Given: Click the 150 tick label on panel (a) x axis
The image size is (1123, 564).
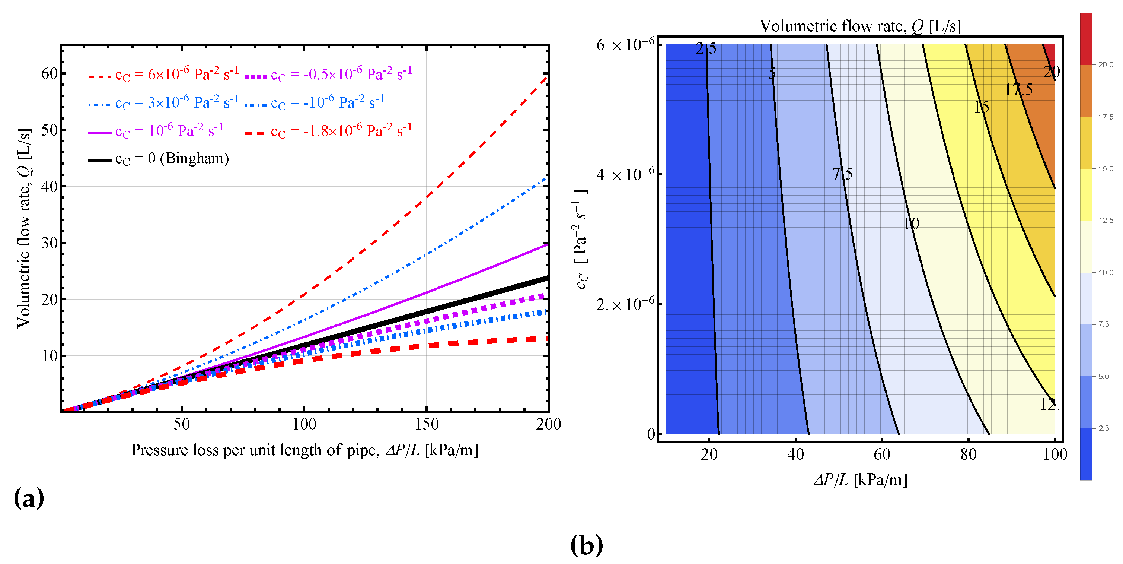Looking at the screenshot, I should click(426, 424).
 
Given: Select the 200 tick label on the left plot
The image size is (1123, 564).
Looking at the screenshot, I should click(548, 424).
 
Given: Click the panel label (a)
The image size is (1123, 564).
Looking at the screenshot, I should click(29, 498).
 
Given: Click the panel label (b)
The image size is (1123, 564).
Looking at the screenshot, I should click(586, 545).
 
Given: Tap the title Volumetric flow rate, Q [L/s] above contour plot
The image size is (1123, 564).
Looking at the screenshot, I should click(860, 26).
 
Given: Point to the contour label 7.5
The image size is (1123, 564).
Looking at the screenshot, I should click(842, 174).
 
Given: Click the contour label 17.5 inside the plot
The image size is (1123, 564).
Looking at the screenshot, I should click(1018, 90).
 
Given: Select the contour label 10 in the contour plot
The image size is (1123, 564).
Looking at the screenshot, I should click(911, 224).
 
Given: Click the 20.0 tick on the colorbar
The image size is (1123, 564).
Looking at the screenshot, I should click(1106, 65).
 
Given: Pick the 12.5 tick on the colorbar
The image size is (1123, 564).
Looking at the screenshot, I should click(1106, 221).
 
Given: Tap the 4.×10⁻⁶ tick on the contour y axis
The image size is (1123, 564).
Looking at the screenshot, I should click(625, 174).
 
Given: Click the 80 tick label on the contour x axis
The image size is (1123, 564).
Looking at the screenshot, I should click(968, 454).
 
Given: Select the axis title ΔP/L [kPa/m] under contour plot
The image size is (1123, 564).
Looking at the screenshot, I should click(860, 480).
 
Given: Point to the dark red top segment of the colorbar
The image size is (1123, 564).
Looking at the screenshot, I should click(1086, 38).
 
